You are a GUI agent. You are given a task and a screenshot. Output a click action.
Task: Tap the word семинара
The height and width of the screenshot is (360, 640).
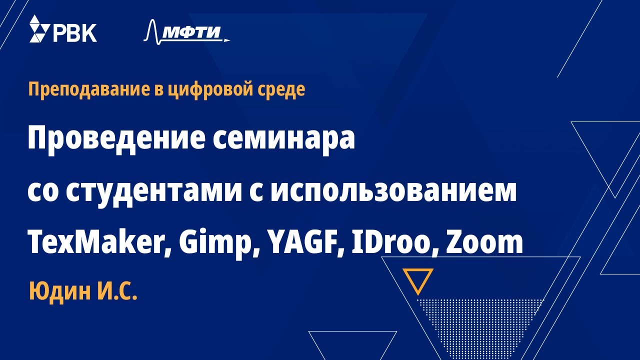pos(284,139)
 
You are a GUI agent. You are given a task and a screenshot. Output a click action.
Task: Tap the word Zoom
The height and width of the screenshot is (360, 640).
pos(484,243)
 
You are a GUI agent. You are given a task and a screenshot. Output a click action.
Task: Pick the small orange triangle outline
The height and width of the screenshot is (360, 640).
pos(418,280)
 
